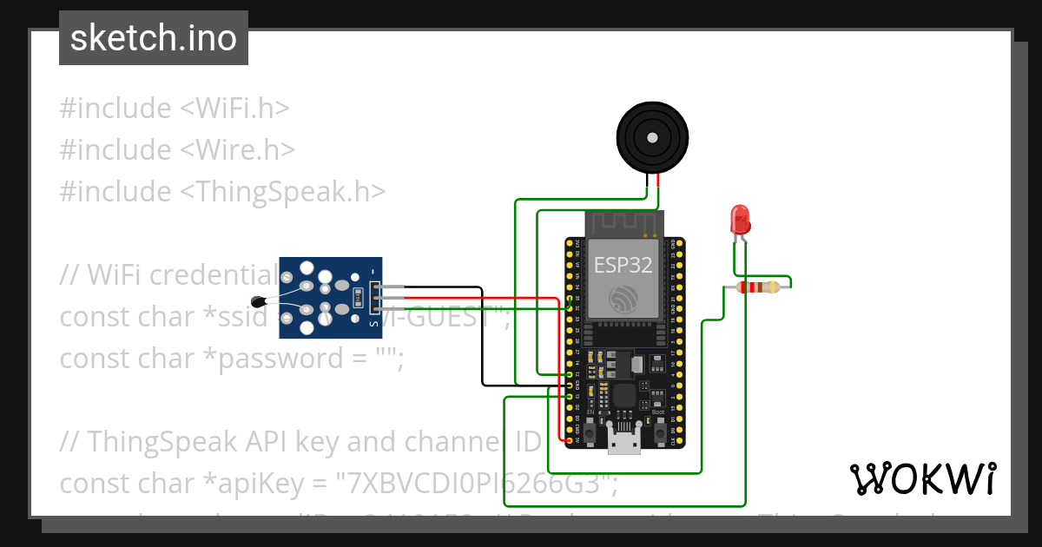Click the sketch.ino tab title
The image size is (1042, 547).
(x=154, y=39)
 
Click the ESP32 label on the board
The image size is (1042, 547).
(x=623, y=265)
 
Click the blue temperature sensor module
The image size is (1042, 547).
(x=330, y=297)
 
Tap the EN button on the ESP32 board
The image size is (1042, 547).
(x=590, y=431)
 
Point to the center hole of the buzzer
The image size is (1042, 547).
(x=652, y=137)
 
